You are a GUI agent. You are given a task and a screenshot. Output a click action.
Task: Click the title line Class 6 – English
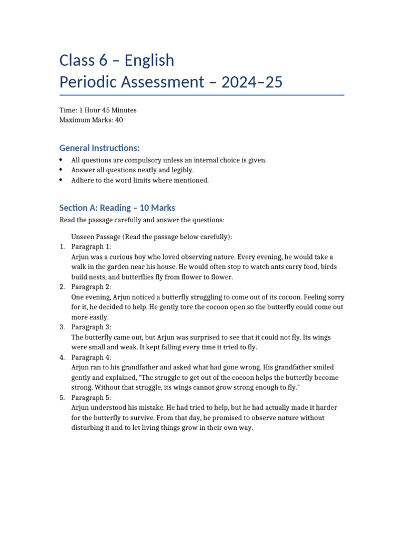point(117,60)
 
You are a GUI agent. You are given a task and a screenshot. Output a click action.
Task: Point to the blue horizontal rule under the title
point(202,95)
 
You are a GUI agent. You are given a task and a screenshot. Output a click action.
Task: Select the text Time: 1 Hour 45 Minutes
point(98,110)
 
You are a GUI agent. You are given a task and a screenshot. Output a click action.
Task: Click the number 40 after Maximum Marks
point(119,120)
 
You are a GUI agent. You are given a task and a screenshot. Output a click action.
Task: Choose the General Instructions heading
point(99,148)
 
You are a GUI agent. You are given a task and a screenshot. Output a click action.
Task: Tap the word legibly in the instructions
point(183,170)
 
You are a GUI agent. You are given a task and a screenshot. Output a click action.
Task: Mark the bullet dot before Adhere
point(62,180)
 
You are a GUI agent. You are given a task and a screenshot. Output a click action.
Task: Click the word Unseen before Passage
point(83,237)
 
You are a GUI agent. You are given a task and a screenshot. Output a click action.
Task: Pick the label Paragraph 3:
point(91,327)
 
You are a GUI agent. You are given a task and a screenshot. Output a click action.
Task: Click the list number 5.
point(62,398)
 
